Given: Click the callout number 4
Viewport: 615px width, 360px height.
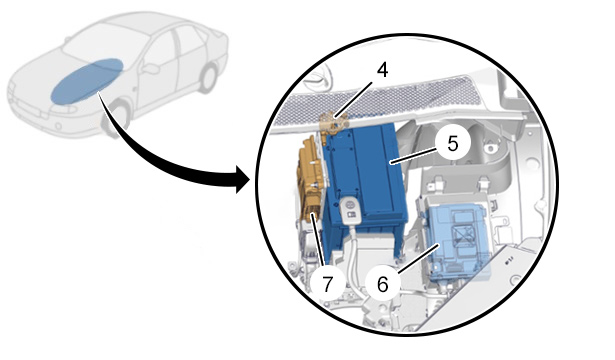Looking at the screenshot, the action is pyautogui.click(x=382, y=70).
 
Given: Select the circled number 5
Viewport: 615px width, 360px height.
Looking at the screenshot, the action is pyautogui.click(x=453, y=143).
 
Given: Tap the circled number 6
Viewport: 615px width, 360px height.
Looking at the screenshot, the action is pyautogui.click(x=382, y=284).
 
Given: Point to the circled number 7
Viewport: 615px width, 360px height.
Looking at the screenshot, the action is pyautogui.click(x=327, y=284).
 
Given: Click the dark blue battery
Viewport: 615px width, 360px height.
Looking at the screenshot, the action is pyautogui.click(x=365, y=180).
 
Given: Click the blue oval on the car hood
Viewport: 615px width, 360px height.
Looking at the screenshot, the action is pyautogui.click(x=87, y=81).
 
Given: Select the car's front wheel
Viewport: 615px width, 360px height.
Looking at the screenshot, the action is pyautogui.click(x=116, y=118).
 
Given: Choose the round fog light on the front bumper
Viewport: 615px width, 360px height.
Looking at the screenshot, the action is pyautogui.click(x=58, y=127).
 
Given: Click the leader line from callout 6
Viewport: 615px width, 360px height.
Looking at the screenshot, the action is pyautogui.click(x=418, y=258).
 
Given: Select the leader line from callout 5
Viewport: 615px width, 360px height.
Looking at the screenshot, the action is pyautogui.click(x=413, y=156).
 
